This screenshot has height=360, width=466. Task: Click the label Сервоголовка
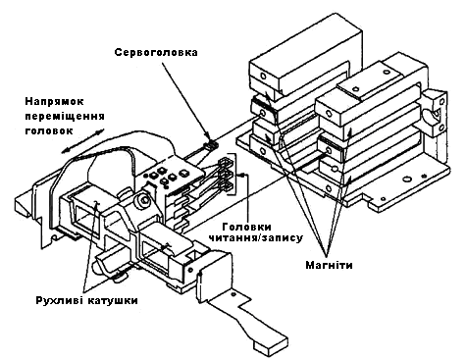pos(156,52)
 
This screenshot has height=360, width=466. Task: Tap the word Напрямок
pos(54,101)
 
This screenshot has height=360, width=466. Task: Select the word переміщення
pos(65,116)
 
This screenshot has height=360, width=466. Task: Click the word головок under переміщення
pos(49,130)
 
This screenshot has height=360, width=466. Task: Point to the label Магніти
pos(329,265)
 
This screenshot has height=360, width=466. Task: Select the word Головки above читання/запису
pos(246,227)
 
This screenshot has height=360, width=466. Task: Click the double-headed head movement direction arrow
pos(82,141)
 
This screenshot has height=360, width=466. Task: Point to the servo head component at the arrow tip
pos(210,145)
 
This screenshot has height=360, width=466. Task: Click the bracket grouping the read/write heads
pos(233,175)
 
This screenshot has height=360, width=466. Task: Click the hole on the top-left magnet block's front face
pos(263,77)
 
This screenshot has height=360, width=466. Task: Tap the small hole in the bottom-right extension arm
pos(233,294)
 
